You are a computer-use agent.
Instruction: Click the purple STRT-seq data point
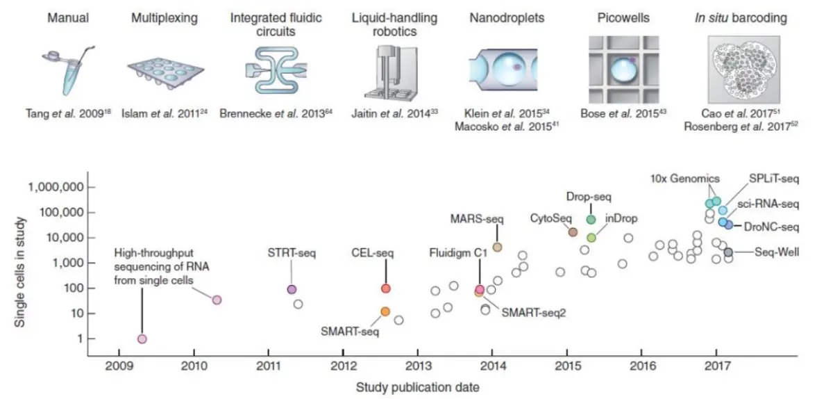292,289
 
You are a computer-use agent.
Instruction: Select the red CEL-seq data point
386,288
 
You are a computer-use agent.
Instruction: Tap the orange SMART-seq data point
385,311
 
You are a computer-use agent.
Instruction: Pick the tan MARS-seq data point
497,247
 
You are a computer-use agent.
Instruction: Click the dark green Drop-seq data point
591,220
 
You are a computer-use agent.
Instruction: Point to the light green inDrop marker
591,238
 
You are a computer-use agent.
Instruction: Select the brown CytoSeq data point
573,232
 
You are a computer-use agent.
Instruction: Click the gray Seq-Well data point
728,252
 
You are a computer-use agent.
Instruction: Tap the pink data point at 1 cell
142,339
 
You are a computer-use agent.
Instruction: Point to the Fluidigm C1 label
459,254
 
